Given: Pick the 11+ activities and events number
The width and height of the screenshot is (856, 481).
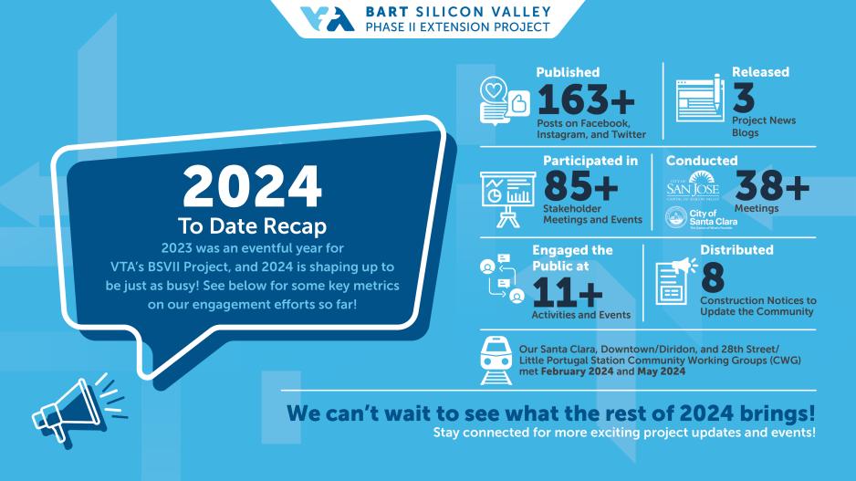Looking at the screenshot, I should pyautogui.click(x=568, y=291).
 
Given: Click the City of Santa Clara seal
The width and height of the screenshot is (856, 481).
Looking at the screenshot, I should pyautogui.click(x=676, y=217).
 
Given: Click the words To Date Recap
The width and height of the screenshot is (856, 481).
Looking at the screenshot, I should pyautogui.click(x=253, y=225).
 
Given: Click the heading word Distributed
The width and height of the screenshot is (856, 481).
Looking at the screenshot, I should pyautogui.click(x=736, y=249).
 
